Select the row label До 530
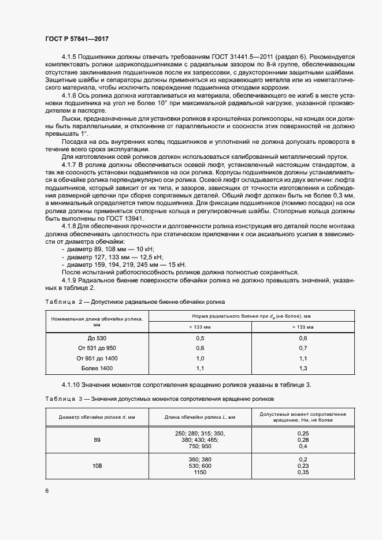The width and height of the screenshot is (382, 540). [97, 337]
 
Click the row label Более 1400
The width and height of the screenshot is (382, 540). [97, 368]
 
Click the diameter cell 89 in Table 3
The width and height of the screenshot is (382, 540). [97, 440]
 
